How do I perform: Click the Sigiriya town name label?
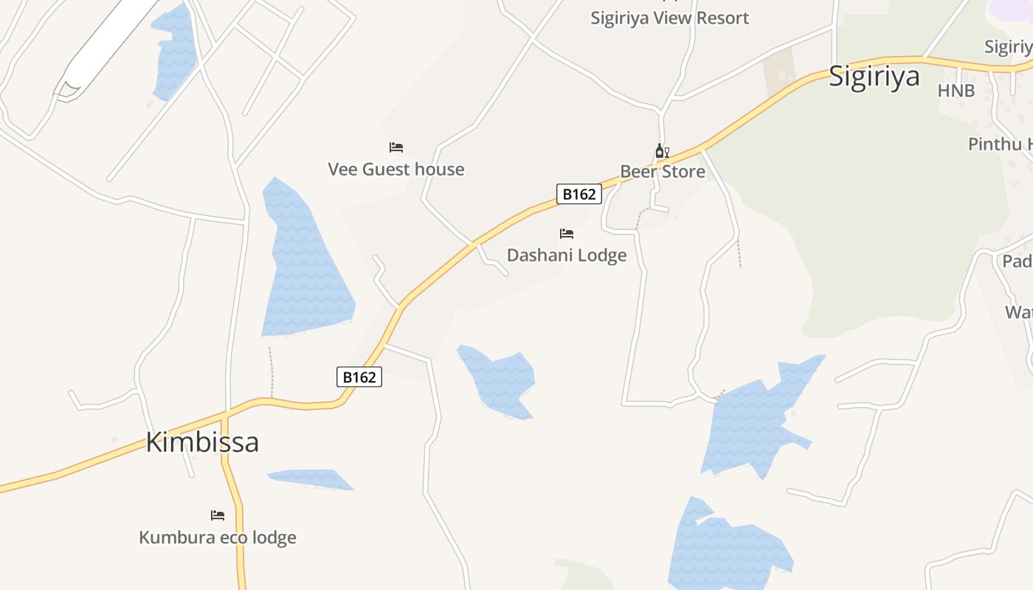874,77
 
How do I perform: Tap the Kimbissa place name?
202,442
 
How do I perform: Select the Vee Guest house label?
396,170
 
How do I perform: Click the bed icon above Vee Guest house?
396,147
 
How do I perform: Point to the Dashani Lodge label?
567,256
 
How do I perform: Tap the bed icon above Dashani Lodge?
567,234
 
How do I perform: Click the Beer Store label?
663,173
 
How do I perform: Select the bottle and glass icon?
662,151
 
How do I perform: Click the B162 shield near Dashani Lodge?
578,194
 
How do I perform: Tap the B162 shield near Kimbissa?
359,377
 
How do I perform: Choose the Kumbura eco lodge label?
218,538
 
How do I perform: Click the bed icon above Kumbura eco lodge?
218,515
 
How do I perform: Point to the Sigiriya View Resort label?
669,18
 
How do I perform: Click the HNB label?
956,91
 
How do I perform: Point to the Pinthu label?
1000,145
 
